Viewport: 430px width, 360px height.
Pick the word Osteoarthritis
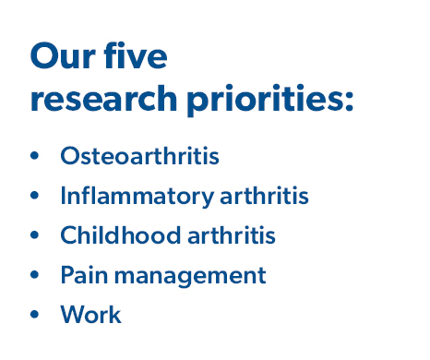point(139,155)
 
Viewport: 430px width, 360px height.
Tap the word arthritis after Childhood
point(231,235)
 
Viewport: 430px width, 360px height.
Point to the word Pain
point(80,275)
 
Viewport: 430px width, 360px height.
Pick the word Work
point(90,314)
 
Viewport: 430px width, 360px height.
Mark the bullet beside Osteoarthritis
point(36,156)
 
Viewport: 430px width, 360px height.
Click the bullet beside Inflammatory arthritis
point(36,196)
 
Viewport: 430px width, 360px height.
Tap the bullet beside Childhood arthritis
point(36,235)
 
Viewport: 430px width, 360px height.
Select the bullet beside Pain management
point(36,275)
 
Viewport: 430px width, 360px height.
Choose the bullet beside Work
point(36,315)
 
